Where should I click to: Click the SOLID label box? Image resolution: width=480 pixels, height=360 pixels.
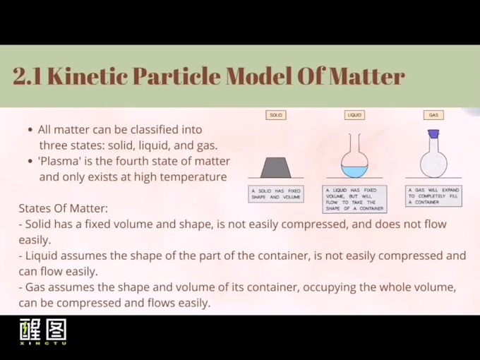[277, 115]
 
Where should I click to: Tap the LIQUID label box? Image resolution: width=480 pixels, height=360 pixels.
[354, 115]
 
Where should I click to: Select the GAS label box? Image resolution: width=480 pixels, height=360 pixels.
[433, 115]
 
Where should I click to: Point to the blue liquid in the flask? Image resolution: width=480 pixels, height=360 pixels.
[354, 171]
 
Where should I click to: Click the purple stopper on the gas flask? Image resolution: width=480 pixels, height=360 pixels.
[433, 133]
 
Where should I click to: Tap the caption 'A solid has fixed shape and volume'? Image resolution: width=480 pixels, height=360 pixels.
[277, 194]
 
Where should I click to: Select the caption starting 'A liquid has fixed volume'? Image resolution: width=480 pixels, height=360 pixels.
[354, 199]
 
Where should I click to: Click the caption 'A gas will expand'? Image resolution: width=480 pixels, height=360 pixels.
[433, 196]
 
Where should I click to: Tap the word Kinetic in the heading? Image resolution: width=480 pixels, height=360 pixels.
[84, 77]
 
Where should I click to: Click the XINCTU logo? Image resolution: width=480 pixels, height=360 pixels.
[42, 332]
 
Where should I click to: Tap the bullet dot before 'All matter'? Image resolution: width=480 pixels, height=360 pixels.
[30, 130]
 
